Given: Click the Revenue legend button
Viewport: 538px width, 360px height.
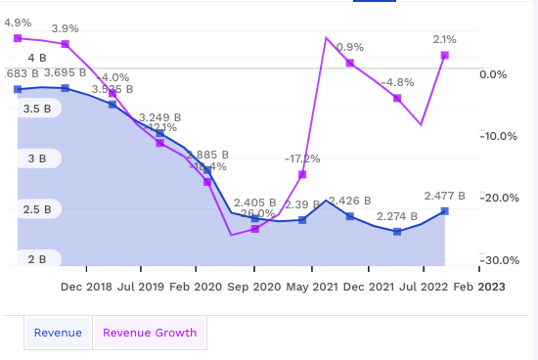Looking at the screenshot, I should (x=58, y=333).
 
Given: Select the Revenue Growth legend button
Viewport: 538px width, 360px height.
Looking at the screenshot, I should (x=150, y=333).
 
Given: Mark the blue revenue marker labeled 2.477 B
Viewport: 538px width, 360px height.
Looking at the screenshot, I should (x=445, y=211).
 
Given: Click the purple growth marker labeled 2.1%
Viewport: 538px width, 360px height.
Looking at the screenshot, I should (x=445, y=55).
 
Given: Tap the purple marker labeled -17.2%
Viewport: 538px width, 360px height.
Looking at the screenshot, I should (x=302, y=175).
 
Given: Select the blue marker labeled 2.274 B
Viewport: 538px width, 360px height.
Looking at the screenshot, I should (x=397, y=232).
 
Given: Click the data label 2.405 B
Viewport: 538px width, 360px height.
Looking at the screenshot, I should (x=257, y=202).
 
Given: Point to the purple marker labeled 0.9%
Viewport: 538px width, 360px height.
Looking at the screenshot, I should (x=349, y=63).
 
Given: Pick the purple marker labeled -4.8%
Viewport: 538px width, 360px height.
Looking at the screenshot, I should (x=397, y=98).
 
